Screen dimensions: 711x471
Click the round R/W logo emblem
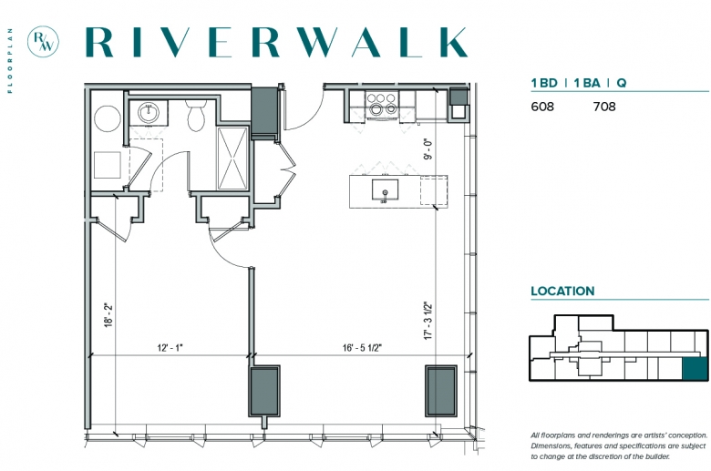[43, 41]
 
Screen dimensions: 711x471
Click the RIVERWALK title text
[276, 42]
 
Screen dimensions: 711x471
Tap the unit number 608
[542, 107]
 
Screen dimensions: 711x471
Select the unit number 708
[604, 107]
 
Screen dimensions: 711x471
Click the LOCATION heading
[562, 291]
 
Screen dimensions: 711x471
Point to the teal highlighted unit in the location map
[696, 369]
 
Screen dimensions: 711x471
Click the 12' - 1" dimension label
[170, 348]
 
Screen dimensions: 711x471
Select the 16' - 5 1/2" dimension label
[362, 348]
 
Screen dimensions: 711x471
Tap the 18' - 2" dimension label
[108, 315]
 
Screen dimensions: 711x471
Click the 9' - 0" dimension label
[428, 149]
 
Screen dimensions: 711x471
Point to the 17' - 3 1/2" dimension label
[428, 321]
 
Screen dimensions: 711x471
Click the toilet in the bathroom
[196, 115]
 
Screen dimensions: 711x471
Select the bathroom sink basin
[149, 112]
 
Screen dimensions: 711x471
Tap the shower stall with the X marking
[232, 159]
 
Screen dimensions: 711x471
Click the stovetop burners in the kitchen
[381, 104]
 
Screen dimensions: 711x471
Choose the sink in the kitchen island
[385, 189]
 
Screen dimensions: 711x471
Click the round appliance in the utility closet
[108, 118]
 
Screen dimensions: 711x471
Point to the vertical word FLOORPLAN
[10, 60]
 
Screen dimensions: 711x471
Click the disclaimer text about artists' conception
[619, 446]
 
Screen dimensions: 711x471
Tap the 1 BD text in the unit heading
[544, 83]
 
